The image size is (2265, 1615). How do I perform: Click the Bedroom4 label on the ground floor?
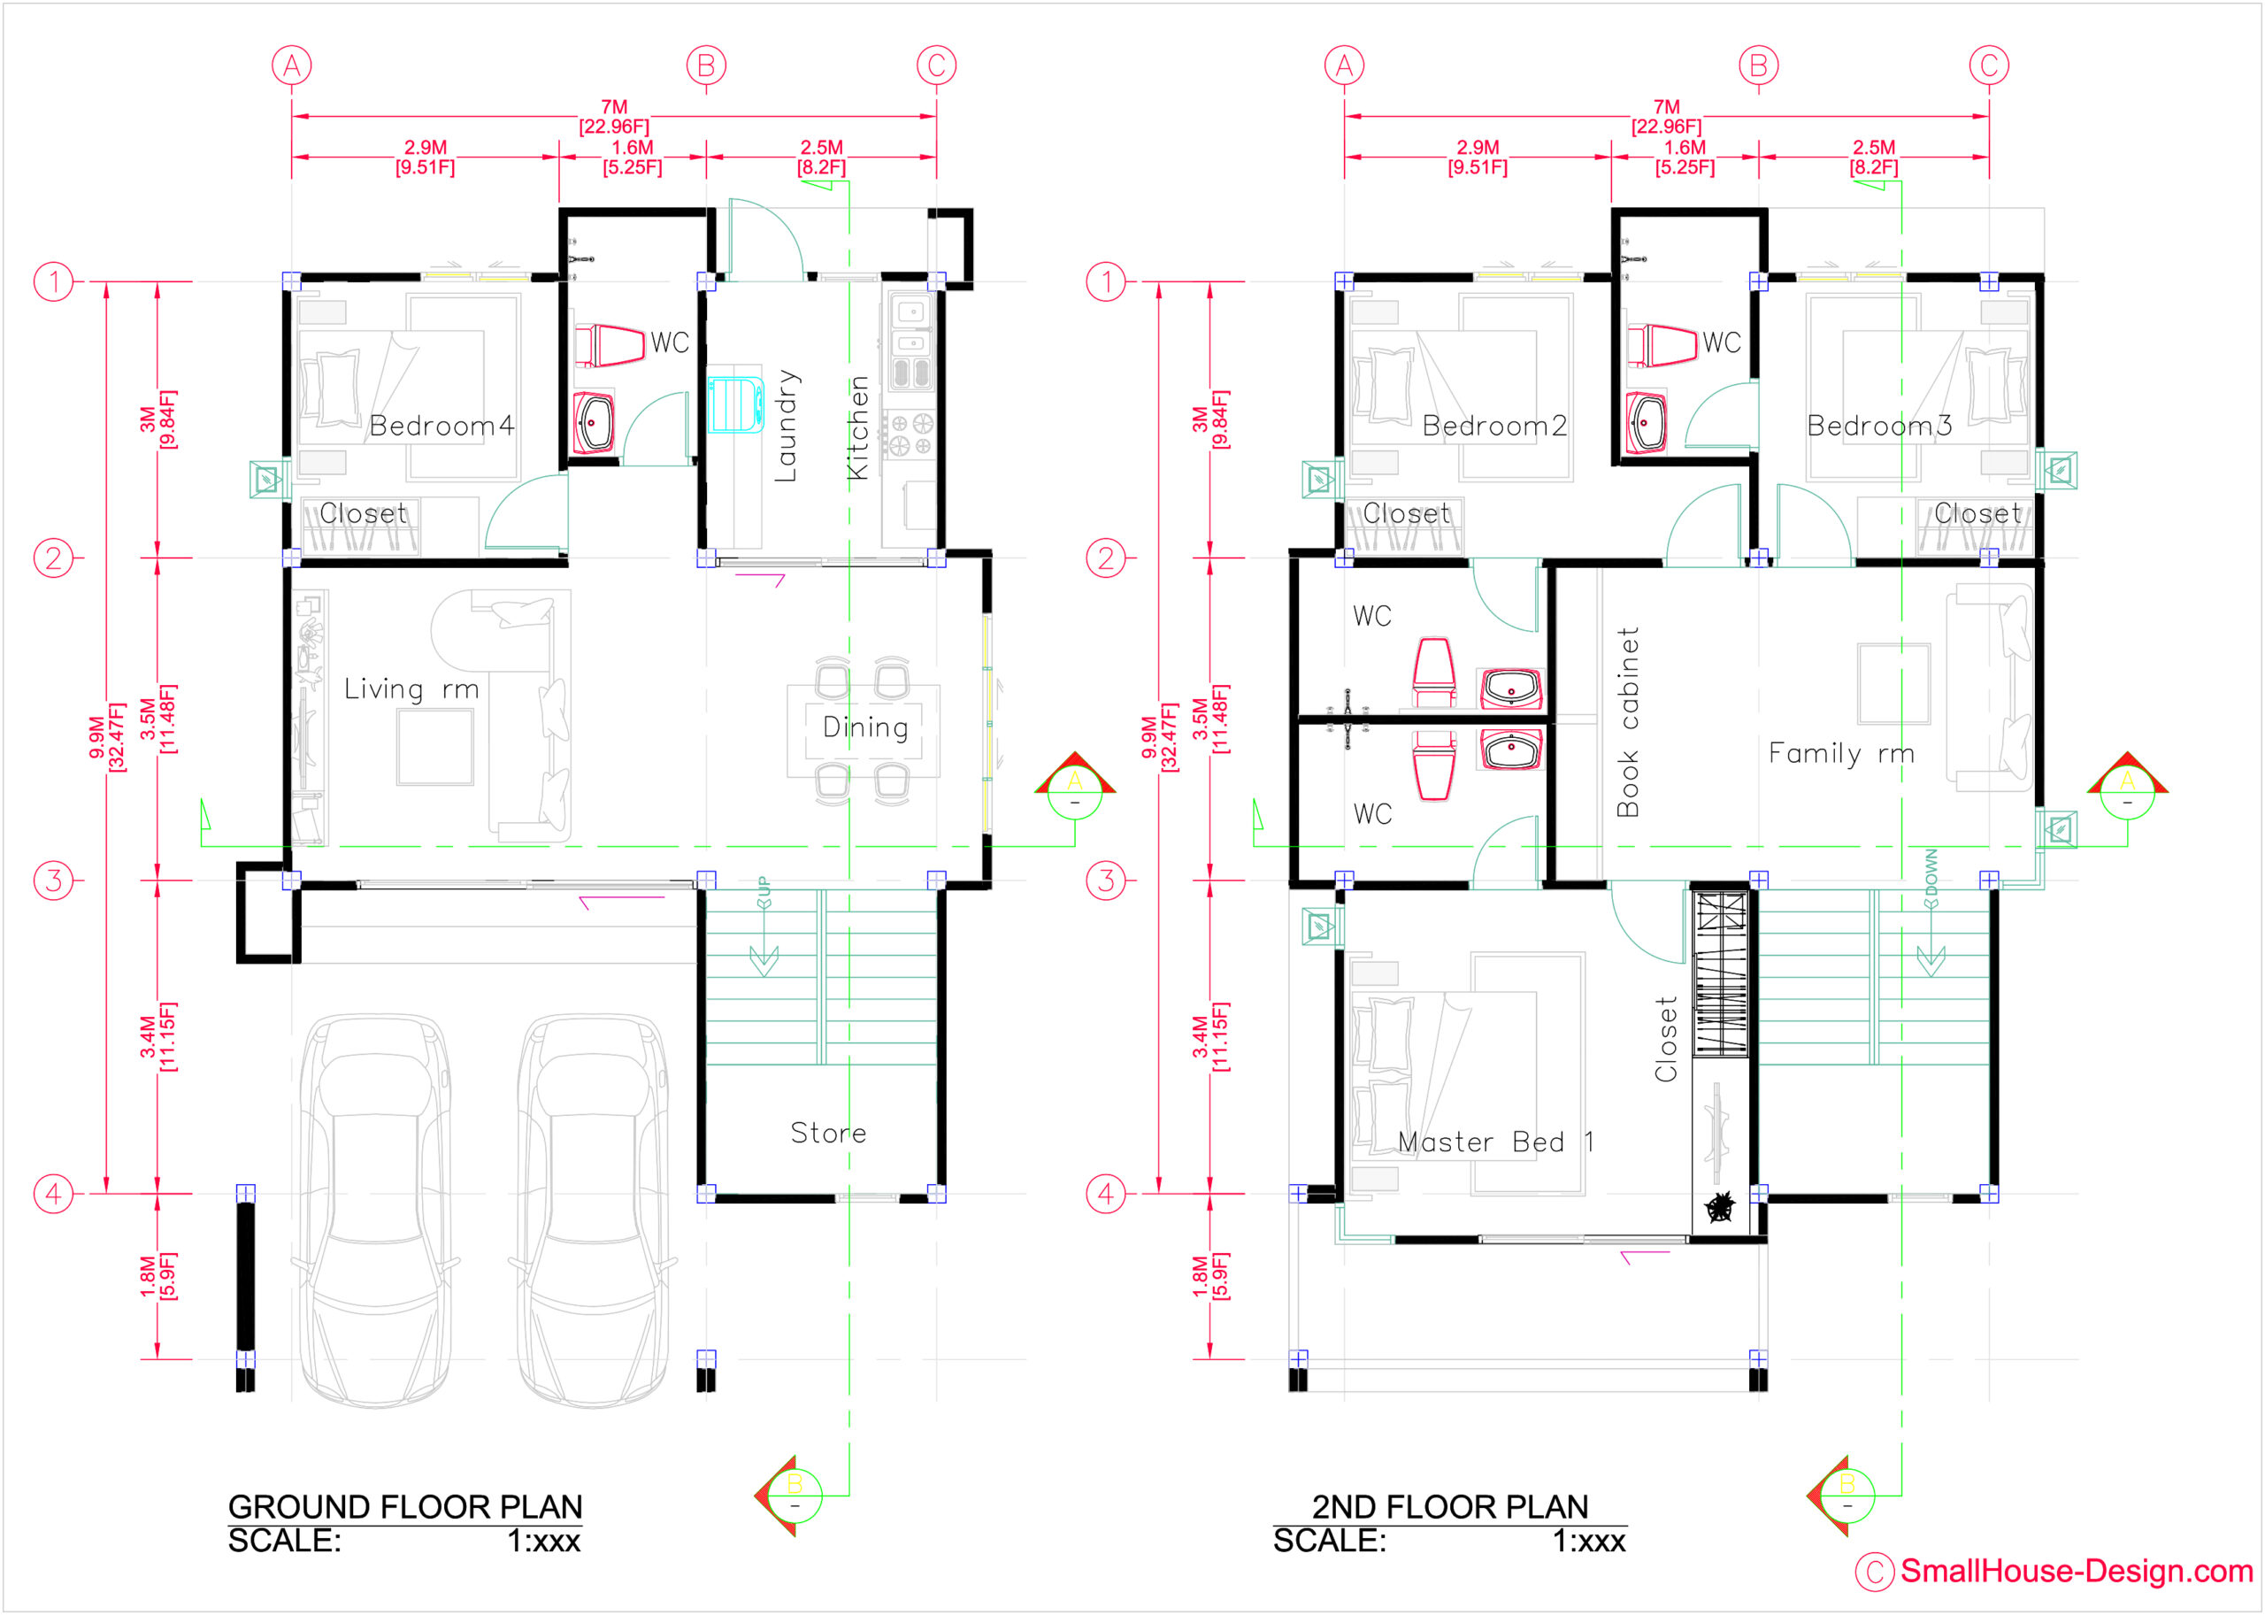coord(441,426)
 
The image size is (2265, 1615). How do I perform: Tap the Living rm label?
coord(411,689)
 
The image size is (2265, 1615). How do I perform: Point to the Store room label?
coord(828,1133)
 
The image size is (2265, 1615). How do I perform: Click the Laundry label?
coord(787,426)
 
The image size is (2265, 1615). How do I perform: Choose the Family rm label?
coord(1841,754)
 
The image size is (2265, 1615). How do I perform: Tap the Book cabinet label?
coord(1628,722)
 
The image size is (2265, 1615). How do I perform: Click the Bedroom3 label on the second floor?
coord(1879,426)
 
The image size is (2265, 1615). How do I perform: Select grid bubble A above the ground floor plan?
coord(291,65)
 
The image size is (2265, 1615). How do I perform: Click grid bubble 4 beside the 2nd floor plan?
coord(1106,1194)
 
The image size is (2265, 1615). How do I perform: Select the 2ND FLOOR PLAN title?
coord(1449,1507)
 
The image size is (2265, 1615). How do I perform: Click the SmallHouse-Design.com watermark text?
coord(2076,1572)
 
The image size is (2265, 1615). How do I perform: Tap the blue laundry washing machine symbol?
coord(737,404)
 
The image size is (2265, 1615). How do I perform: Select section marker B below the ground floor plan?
coord(793,1495)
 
